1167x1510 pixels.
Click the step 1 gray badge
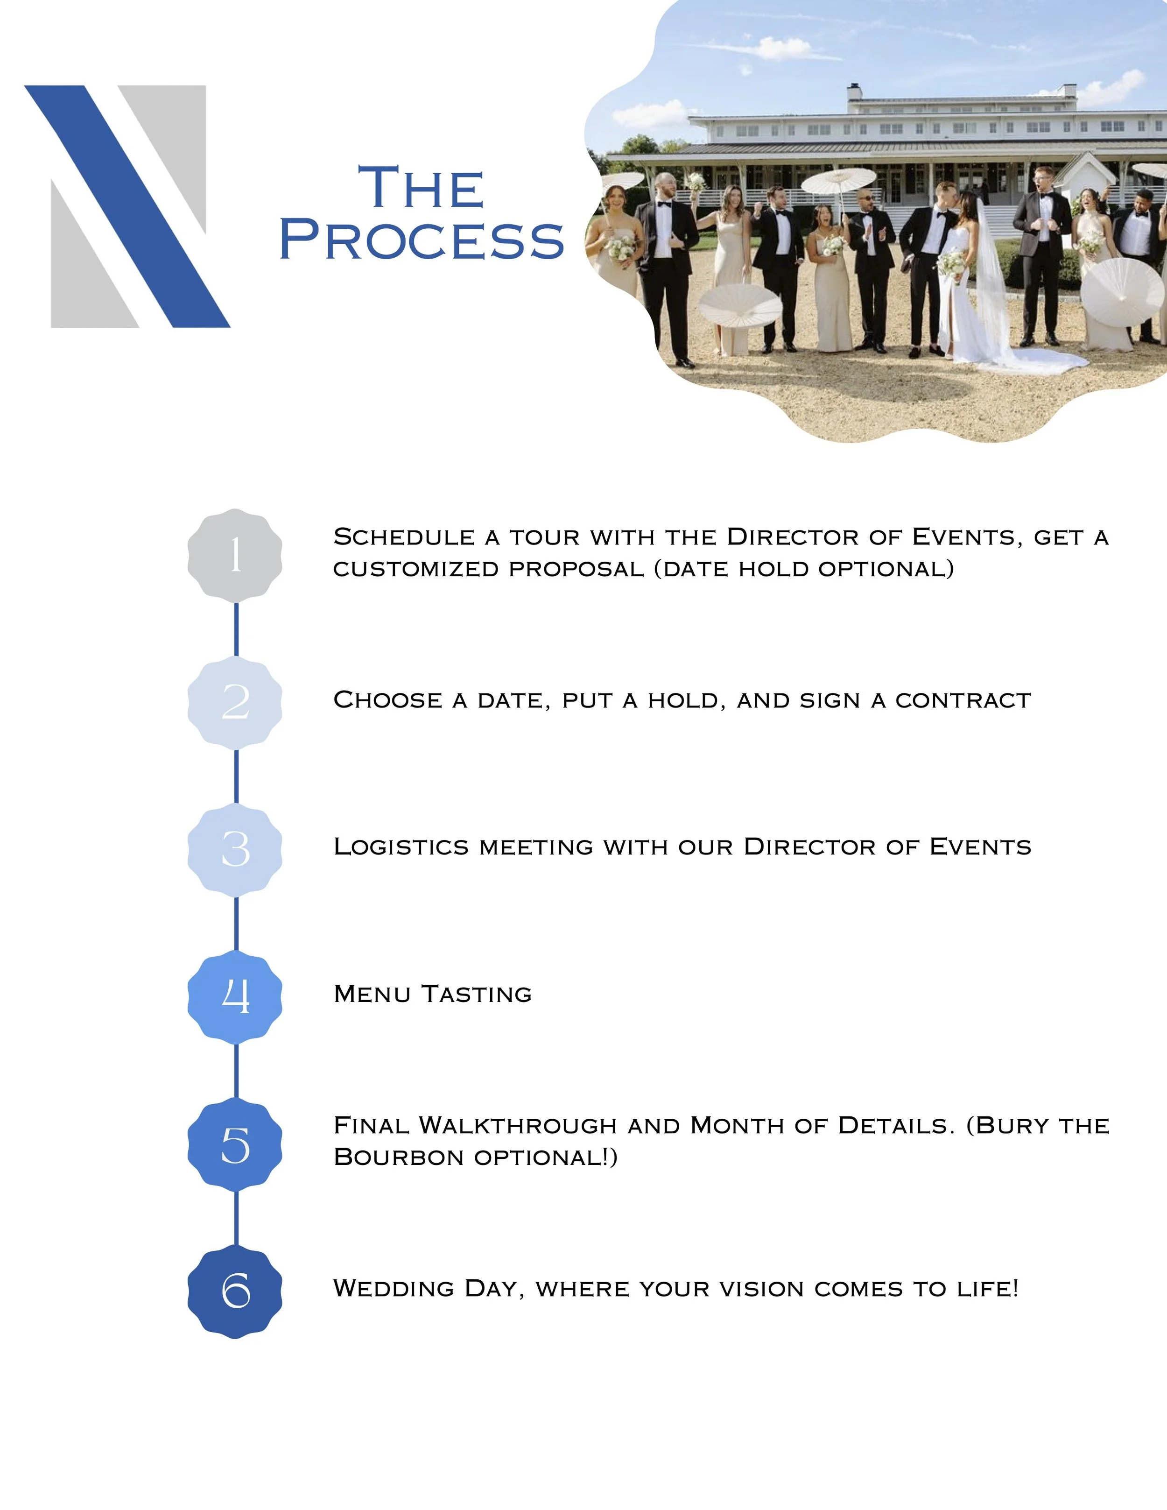tap(235, 555)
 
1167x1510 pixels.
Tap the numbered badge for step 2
tap(235, 702)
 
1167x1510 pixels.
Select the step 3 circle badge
tap(235, 850)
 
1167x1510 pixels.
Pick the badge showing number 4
tap(235, 997)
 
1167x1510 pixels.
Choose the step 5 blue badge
tap(235, 1144)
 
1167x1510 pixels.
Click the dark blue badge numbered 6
tap(235, 1291)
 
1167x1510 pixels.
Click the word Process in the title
tap(422, 240)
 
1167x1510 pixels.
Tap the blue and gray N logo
tap(128, 206)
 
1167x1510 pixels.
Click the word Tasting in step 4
tap(477, 994)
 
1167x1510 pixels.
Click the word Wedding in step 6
tap(394, 1288)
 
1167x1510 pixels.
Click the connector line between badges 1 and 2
tap(237, 629)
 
